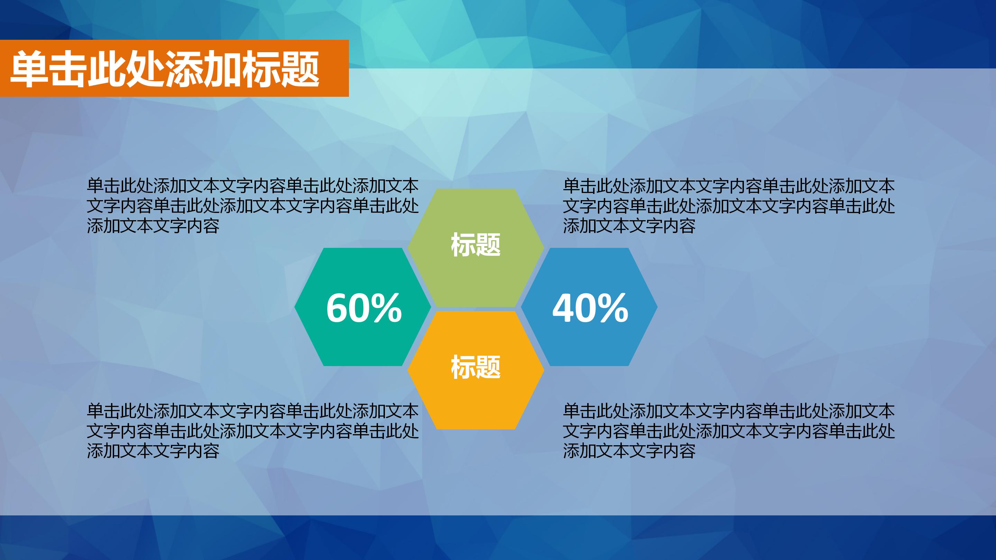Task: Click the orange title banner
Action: (174, 68)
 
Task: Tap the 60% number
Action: (364, 308)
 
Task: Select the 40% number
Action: (590, 308)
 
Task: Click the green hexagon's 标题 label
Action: (476, 245)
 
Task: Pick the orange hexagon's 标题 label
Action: (476, 367)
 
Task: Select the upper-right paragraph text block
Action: (728, 206)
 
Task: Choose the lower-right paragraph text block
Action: (728, 430)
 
